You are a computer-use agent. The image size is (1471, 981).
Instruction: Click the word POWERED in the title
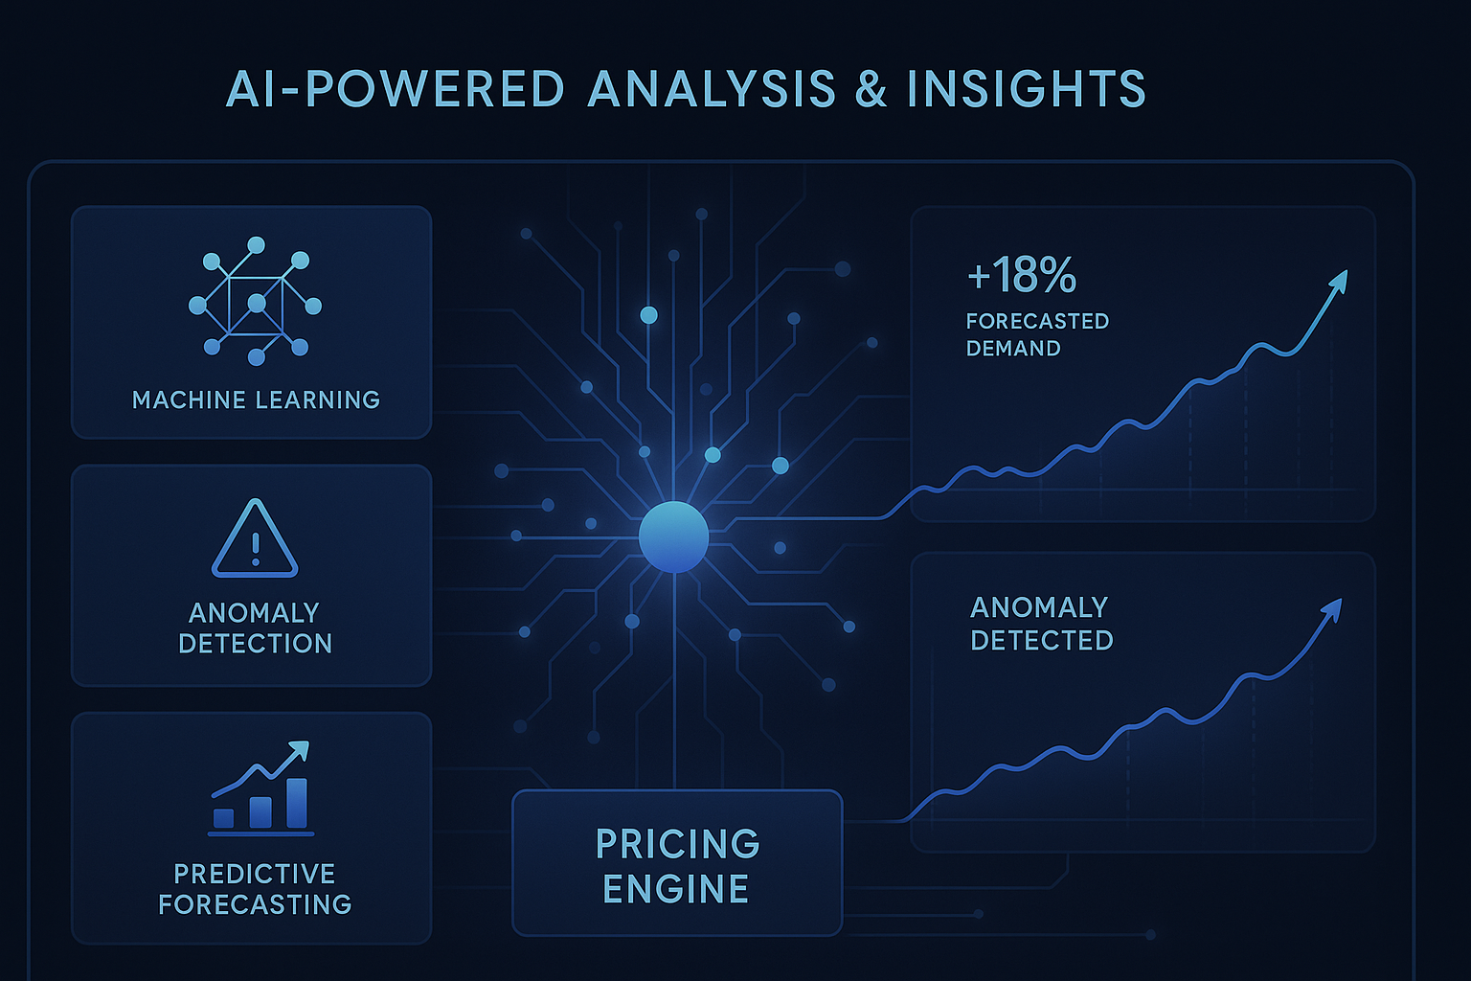tap(436, 90)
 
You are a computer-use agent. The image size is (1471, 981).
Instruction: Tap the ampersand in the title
tap(871, 90)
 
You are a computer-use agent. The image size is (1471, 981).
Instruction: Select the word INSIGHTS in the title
tap(1026, 90)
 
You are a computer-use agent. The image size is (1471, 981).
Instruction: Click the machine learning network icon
tap(255, 301)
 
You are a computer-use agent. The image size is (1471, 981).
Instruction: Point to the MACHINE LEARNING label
tap(256, 399)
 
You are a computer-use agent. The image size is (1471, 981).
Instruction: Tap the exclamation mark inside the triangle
tap(255, 548)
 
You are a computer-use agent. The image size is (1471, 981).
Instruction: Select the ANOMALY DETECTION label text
tap(255, 627)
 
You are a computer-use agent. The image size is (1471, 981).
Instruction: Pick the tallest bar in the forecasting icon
tap(297, 803)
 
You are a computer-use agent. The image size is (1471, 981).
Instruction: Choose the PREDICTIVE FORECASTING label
tap(255, 889)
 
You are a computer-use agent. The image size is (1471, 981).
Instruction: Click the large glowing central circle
tap(673, 536)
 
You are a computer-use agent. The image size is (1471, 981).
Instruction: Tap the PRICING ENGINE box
tap(677, 863)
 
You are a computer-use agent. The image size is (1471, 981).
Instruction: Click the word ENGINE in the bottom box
tap(676, 889)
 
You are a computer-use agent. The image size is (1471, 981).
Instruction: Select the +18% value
tap(1022, 276)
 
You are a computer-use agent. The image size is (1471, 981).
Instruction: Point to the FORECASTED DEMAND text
tap(1036, 334)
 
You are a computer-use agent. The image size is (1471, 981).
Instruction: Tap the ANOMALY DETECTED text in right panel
tap(1041, 624)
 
